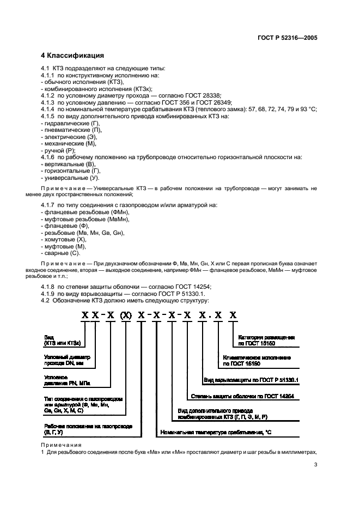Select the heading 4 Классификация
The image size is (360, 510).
coord(73,56)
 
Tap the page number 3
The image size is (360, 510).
coord(315,465)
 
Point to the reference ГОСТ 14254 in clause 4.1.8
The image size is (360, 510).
coord(192,287)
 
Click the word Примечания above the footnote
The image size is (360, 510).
coord(61,445)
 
